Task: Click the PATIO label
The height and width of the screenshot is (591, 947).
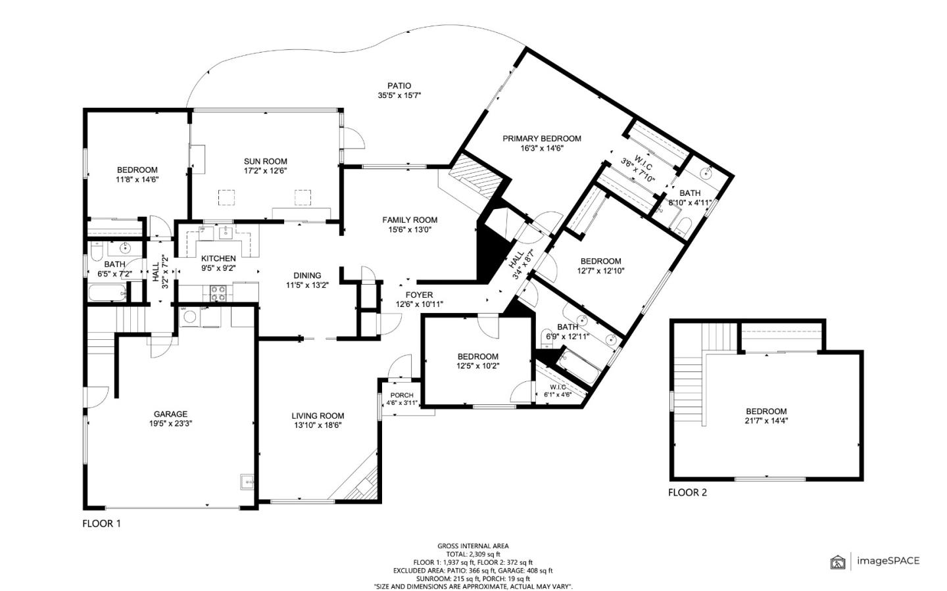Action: [399, 86]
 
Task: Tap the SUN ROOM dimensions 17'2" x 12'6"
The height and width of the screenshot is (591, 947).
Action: [265, 171]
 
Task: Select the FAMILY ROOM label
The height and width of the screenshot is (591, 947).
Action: [410, 220]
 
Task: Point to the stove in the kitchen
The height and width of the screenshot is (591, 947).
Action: [218, 293]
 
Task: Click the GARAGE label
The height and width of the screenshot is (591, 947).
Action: [170, 414]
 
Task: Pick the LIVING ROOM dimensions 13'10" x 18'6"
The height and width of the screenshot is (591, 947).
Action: [318, 425]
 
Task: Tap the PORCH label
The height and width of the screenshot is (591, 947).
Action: [402, 395]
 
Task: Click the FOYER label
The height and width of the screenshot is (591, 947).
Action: [419, 295]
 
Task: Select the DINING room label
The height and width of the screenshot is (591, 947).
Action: [307, 275]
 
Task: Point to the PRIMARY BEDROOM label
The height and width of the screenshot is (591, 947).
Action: [542, 138]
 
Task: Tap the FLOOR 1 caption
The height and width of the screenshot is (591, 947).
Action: [101, 523]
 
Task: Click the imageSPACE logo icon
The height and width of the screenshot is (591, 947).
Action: [838, 562]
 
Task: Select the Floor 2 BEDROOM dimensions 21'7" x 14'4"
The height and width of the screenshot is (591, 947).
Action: [766, 421]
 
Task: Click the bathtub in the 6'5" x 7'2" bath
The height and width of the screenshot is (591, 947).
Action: [107, 293]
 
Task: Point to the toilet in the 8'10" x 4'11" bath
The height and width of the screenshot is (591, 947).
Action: [682, 225]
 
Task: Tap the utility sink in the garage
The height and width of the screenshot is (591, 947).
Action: [247, 481]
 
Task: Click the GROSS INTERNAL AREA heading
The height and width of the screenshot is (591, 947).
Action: [473, 546]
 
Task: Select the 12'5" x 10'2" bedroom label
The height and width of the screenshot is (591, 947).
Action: [477, 356]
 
